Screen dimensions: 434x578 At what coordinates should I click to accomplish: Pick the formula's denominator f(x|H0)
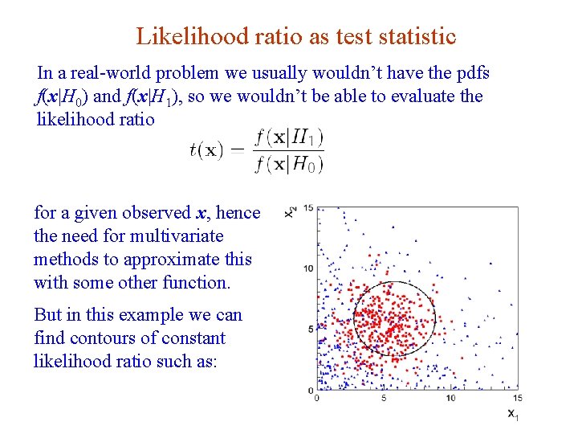(x=287, y=165)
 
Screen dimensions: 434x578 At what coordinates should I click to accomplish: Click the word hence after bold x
(x=238, y=213)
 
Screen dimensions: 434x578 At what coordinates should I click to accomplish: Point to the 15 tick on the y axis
(x=308, y=208)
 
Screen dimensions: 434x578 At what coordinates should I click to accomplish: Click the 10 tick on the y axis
(x=308, y=268)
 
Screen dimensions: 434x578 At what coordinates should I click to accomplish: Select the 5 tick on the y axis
(x=311, y=329)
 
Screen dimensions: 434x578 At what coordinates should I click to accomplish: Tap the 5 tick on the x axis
(x=384, y=398)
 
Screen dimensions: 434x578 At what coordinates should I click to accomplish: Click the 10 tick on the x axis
(x=450, y=398)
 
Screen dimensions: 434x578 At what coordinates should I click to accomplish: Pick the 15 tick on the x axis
(x=517, y=398)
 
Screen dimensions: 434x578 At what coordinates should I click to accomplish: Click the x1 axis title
(x=513, y=415)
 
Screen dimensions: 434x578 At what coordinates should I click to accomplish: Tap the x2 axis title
(x=290, y=211)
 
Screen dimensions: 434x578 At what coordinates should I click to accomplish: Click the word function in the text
(x=201, y=283)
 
